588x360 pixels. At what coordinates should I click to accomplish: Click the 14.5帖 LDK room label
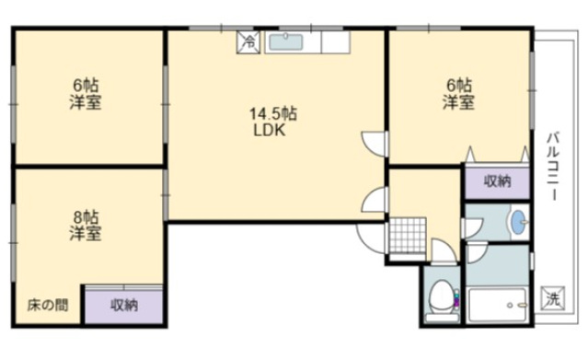tap(272, 121)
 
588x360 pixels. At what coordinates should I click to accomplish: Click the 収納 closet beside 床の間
tap(124, 304)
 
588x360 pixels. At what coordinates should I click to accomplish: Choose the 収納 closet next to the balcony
tap(496, 181)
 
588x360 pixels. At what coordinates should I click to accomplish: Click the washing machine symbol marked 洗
tap(551, 297)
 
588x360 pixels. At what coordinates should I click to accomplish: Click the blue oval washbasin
tap(517, 221)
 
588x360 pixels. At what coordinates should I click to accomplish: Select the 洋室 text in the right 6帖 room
tap(459, 102)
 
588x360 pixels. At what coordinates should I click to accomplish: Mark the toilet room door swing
tap(439, 250)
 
